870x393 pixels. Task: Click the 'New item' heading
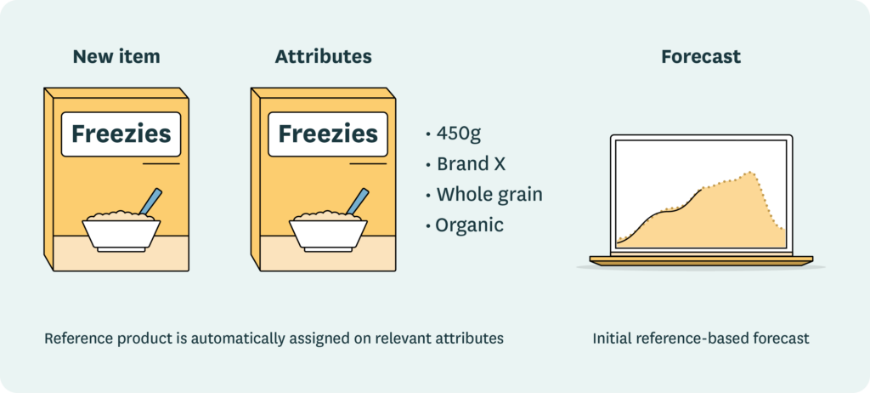click(x=116, y=57)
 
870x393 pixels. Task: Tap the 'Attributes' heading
click(x=323, y=57)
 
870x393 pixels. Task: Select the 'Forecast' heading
click(x=701, y=57)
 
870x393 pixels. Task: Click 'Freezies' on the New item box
click(x=121, y=134)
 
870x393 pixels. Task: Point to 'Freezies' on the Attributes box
click(x=328, y=134)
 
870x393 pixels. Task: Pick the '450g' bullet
click(x=459, y=134)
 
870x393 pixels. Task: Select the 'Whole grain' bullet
click(x=489, y=195)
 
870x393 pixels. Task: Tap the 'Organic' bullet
click(x=469, y=225)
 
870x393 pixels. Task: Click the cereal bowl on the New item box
click(x=121, y=231)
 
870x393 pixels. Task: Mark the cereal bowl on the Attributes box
click(x=328, y=231)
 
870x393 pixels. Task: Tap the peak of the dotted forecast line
click(x=749, y=173)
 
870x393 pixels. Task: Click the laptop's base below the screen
click(x=701, y=259)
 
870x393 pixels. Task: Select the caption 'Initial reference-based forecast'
click(x=701, y=338)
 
